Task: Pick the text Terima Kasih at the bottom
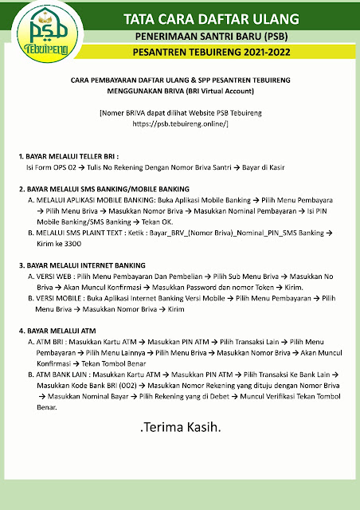181,428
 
